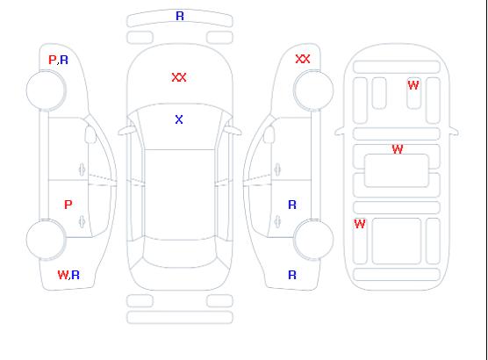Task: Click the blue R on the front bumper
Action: pyautogui.click(x=180, y=16)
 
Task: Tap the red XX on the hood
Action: pyautogui.click(x=179, y=77)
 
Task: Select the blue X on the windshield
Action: pyautogui.click(x=179, y=119)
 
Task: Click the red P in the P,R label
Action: pyautogui.click(x=53, y=60)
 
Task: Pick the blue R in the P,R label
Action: pyautogui.click(x=64, y=60)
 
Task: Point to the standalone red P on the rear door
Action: pyautogui.click(x=68, y=205)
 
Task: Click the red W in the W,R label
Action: pyautogui.click(x=62, y=275)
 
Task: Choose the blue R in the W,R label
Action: pyautogui.click(x=75, y=275)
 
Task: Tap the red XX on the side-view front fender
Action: pyautogui.click(x=303, y=59)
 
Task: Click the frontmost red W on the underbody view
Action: pyautogui.click(x=413, y=85)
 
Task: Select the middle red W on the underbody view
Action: pyautogui.click(x=398, y=149)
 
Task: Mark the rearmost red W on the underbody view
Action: pyautogui.click(x=360, y=224)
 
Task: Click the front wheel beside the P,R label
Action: pyautogui.click(x=46, y=90)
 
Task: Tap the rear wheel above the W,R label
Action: pyautogui.click(x=46, y=240)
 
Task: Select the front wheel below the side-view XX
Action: pyautogui.click(x=313, y=90)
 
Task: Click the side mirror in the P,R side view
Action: pyautogui.click(x=90, y=134)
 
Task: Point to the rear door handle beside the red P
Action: pyautogui.click(x=82, y=221)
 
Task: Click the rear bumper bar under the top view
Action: pyautogui.click(x=180, y=317)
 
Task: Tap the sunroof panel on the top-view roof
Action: pyautogui.click(x=180, y=195)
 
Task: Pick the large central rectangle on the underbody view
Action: pyautogui.click(x=397, y=170)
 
